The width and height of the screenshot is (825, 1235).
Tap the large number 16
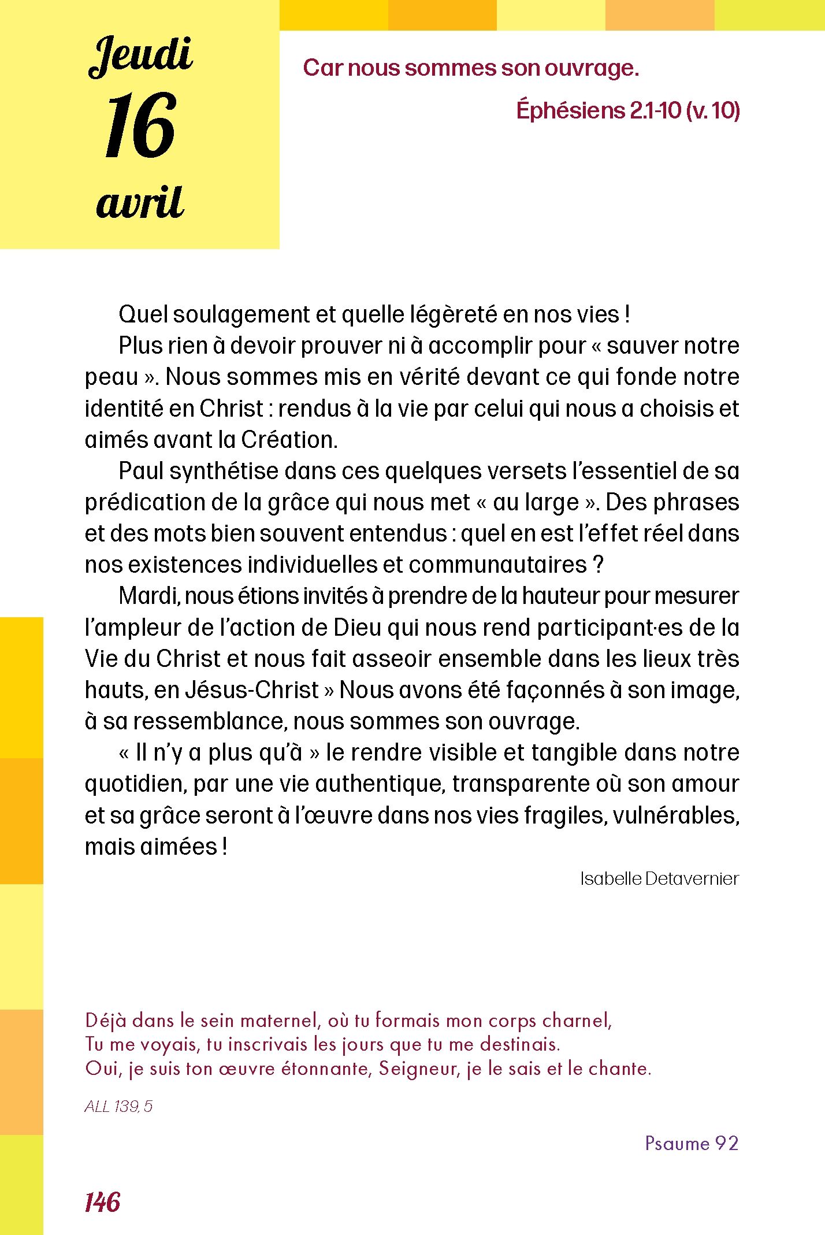(x=140, y=125)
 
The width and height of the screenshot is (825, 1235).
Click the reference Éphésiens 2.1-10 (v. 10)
(x=628, y=110)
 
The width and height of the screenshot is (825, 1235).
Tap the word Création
(x=289, y=440)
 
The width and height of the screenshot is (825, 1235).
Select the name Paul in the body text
(x=141, y=471)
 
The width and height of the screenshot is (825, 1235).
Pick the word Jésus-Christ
(x=252, y=690)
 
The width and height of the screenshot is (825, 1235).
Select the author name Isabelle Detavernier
(x=659, y=878)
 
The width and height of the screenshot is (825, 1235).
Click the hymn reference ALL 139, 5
(x=118, y=1106)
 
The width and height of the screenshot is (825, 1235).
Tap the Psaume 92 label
(x=692, y=1143)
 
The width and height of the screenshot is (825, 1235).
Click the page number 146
(x=102, y=1202)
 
